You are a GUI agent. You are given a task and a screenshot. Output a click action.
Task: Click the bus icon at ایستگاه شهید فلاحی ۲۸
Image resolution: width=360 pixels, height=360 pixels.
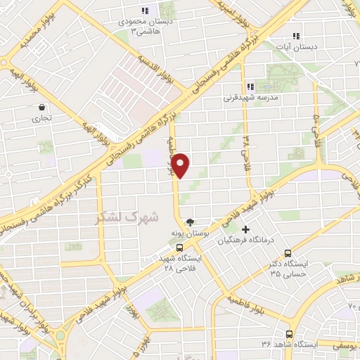click(x=180, y=247)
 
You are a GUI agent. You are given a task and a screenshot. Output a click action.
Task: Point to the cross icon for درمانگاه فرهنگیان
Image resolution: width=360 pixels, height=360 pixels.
click(x=245, y=230)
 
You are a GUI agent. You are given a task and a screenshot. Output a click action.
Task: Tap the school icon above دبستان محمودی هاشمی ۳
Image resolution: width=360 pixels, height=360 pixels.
click(x=144, y=11)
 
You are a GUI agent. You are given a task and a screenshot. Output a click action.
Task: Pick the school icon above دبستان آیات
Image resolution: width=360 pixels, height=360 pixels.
click(x=296, y=35)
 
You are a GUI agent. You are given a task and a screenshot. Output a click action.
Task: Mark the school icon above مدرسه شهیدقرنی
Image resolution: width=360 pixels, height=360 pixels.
click(x=251, y=86)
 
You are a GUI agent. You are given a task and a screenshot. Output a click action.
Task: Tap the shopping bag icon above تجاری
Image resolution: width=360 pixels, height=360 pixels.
click(x=43, y=108)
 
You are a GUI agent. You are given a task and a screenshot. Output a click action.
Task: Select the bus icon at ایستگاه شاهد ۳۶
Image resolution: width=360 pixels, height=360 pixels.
click(x=289, y=334)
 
